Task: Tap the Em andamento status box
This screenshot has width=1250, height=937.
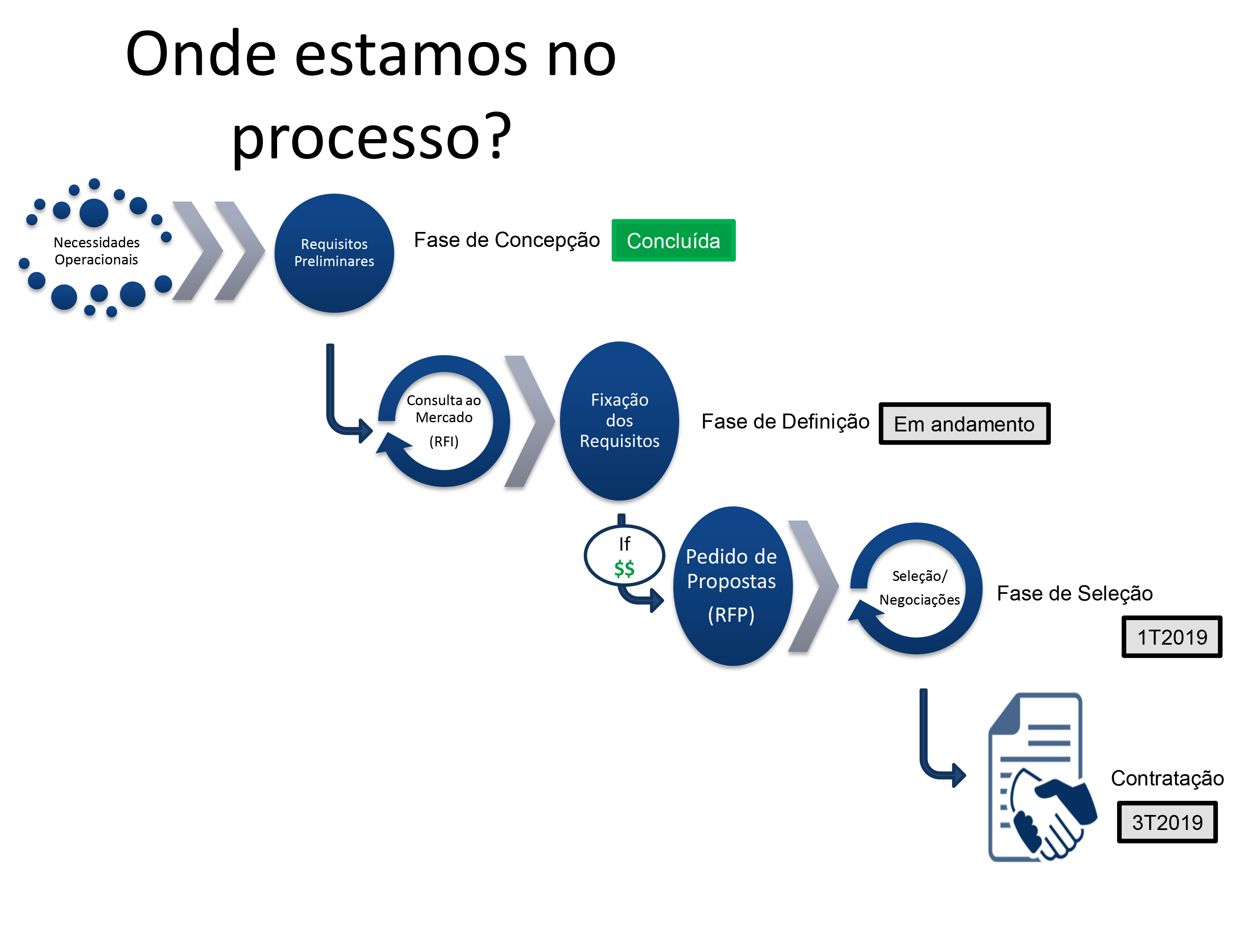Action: tap(964, 424)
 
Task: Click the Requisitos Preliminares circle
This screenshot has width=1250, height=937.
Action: tap(334, 253)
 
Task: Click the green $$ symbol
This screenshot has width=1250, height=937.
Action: tap(625, 568)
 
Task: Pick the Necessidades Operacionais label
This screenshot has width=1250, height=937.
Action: tap(96, 251)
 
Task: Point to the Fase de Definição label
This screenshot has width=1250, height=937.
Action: tap(785, 421)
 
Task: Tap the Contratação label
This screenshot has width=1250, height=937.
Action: tap(1167, 778)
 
